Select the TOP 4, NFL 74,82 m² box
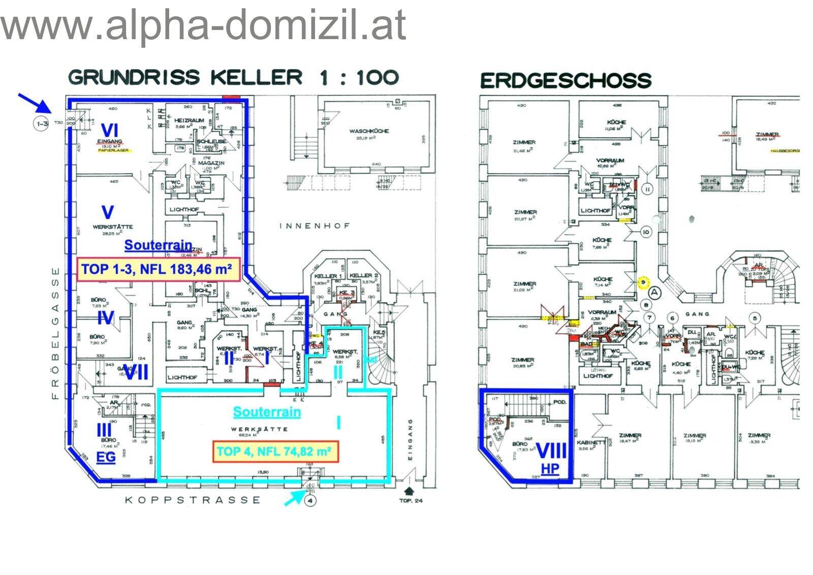pyautogui.click(x=274, y=451)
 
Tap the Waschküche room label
pyautogui.click(x=369, y=131)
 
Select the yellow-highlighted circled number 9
pyautogui.click(x=644, y=281)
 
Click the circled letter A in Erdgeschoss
pyautogui.click(x=654, y=292)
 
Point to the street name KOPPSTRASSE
pyautogui.click(x=193, y=500)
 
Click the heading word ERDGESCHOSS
pyautogui.click(x=566, y=80)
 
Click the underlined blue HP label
pyautogui.click(x=550, y=468)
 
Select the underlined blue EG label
pyautogui.click(x=106, y=457)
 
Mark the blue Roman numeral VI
pyautogui.click(x=109, y=130)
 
